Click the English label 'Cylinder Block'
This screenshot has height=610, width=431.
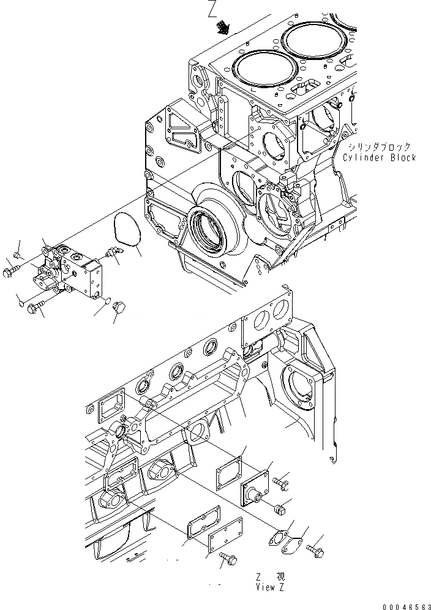click(x=379, y=157)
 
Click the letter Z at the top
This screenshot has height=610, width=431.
click(x=212, y=9)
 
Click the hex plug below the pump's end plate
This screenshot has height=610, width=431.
click(x=118, y=308)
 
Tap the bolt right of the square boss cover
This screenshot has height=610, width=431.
click(x=283, y=483)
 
